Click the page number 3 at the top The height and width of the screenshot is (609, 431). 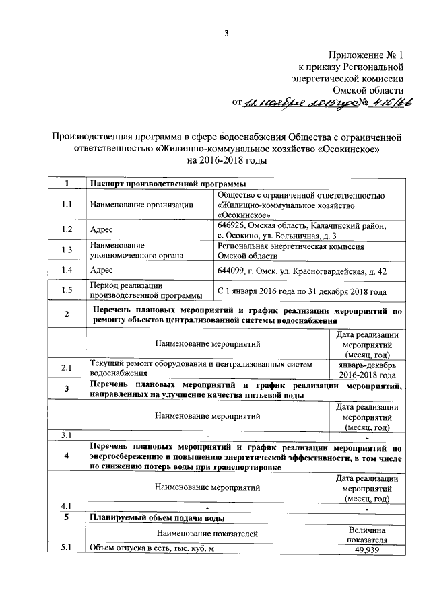point(227,34)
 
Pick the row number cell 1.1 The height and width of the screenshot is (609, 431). point(66,204)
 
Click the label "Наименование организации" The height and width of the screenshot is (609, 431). point(141,204)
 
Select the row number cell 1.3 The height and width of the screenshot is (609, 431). point(66,250)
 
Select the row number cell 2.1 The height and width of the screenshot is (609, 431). point(66,368)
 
